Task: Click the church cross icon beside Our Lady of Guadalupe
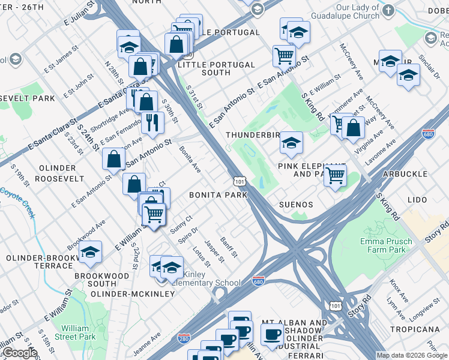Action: point(389,11)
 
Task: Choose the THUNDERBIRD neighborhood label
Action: point(253,135)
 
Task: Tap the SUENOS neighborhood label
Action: point(296,204)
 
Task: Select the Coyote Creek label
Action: point(17,197)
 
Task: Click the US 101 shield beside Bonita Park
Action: point(238,181)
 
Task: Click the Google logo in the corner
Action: point(19,353)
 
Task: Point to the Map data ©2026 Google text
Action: point(412,356)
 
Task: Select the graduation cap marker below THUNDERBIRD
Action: point(292,143)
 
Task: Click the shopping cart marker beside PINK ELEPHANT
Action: point(336,175)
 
